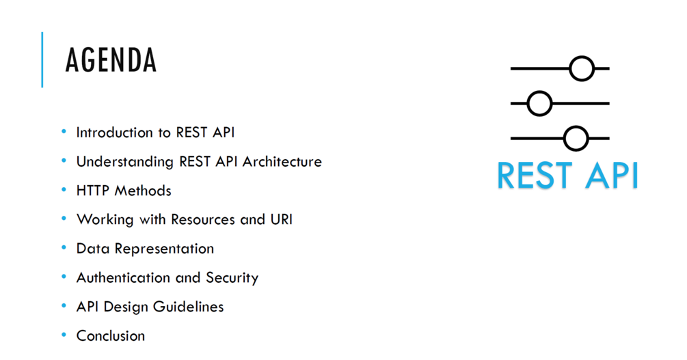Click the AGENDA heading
[x=111, y=60]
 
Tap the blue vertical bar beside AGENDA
[x=42, y=59]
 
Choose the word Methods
[x=143, y=191]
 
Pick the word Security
[x=232, y=278]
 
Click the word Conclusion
[x=111, y=336]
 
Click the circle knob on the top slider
[x=582, y=69]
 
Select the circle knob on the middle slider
[x=540, y=104]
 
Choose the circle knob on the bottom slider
[x=576, y=139]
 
